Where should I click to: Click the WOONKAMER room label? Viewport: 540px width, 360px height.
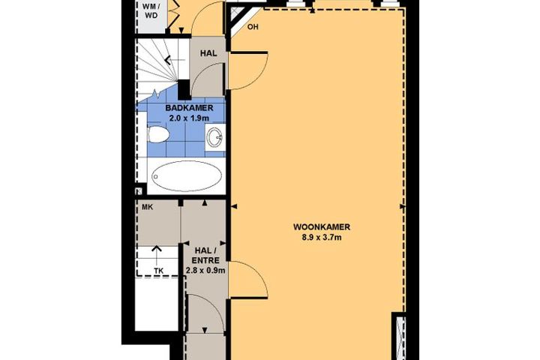[x=322, y=227]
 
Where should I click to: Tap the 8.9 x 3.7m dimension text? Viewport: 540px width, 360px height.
[x=322, y=237]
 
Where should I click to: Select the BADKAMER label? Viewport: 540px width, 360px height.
[x=189, y=108]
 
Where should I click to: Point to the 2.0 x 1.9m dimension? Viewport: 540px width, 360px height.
[x=189, y=118]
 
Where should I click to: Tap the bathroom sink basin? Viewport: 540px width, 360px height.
[x=214, y=137]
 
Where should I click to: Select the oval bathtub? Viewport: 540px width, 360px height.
[x=187, y=176]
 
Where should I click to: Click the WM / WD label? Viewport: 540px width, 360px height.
[x=151, y=10]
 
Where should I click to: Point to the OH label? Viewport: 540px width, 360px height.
[x=253, y=27]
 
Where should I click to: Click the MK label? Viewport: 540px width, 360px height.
[x=148, y=208]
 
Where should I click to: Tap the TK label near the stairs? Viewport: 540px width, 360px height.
[x=158, y=271]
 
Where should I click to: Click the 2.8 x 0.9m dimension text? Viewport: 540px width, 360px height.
[x=205, y=271]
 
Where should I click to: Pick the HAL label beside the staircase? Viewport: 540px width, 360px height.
[x=208, y=53]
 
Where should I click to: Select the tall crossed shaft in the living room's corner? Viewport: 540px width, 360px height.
[x=400, y=336]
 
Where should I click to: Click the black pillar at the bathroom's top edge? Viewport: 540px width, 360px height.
[x=184, y=89]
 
